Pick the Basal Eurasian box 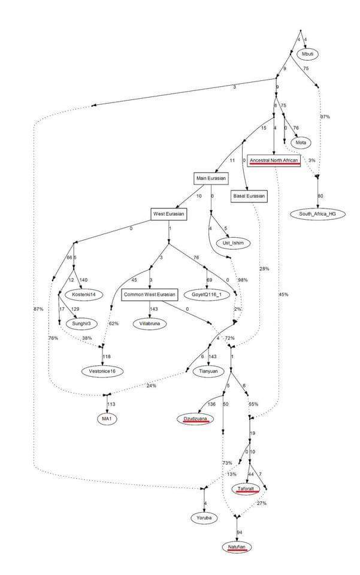249,195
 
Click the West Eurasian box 169,214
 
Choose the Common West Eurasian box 150,295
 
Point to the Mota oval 301,143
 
